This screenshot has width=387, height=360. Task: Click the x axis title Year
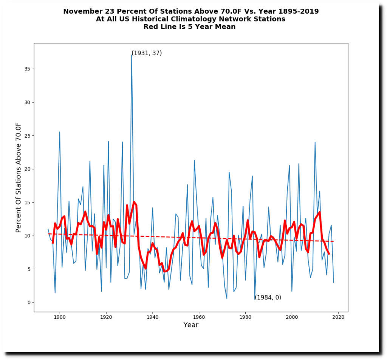pyautogui.click(x=191, y=325)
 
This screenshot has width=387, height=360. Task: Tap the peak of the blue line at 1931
pyautogui.click(x=132, y=55)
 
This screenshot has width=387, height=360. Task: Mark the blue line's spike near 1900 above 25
pyautogui.click(x=60, y=132)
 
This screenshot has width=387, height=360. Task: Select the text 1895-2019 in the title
pyautogui.click(x=298, y=11)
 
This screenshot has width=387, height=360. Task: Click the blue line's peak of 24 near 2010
pyautogui.click(x=315, y=142)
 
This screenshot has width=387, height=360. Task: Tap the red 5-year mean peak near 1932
pyautogui.click(x=134, y=202)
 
